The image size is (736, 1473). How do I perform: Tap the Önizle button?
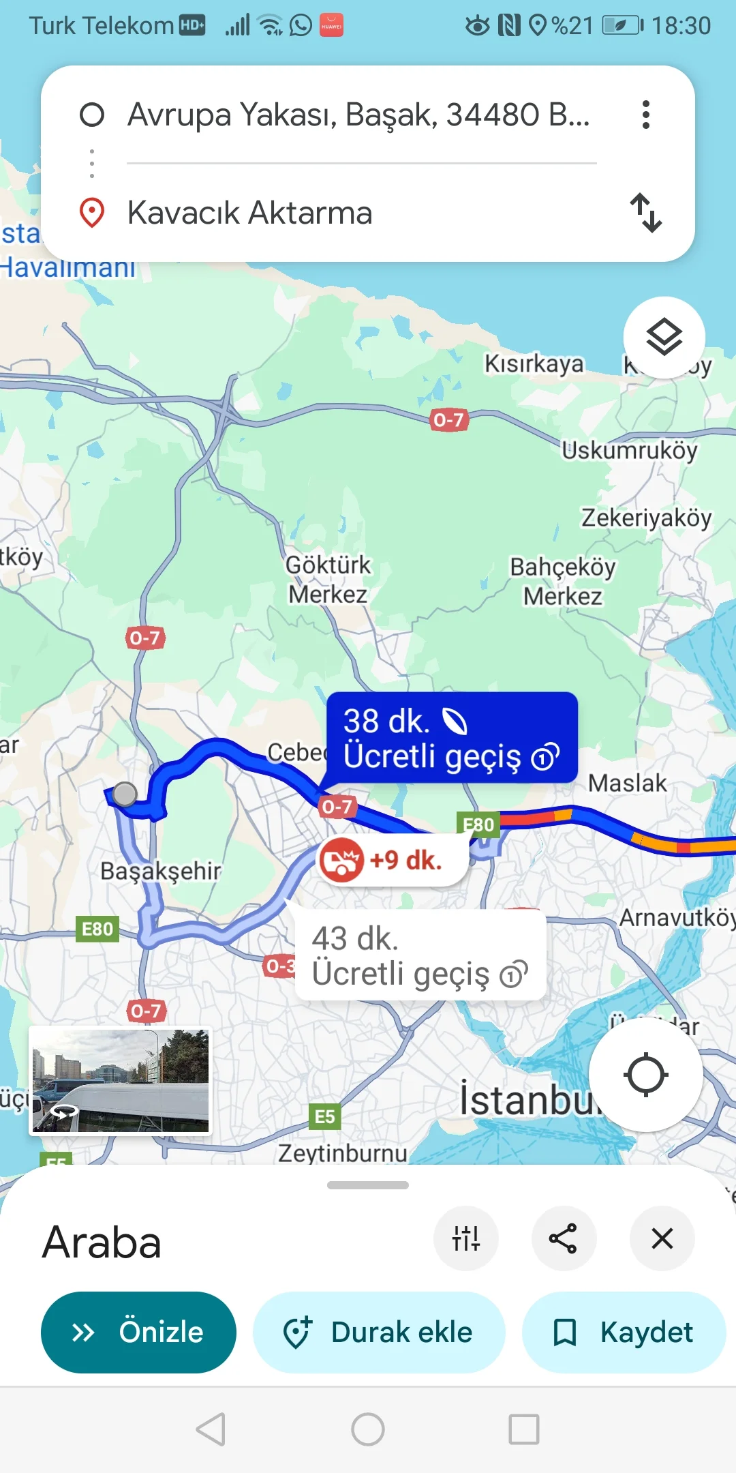point(138,1332)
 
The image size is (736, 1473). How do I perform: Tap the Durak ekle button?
point(379,1332)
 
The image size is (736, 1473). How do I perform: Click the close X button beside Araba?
point(662,1238)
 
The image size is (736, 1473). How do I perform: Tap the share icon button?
point(564,1238)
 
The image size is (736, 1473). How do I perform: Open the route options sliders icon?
point(466,1238)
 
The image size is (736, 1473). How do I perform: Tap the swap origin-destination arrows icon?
point(645,213)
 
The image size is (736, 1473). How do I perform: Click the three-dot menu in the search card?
point(645,115)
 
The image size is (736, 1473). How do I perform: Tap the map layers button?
point(664,337)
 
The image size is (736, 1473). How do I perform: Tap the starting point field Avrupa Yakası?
point(358,115)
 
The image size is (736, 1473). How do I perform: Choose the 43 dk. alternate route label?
point(420,955)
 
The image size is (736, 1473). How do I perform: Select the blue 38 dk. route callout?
point(451,738)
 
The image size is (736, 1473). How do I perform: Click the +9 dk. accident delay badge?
point(392,861)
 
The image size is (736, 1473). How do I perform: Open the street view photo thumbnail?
point(121,1080)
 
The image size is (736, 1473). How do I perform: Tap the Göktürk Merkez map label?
point(328,580)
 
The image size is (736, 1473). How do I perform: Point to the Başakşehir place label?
point(161,871)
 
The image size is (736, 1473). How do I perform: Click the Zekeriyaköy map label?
point(646,518)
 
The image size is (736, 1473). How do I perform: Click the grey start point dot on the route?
point(125,794)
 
